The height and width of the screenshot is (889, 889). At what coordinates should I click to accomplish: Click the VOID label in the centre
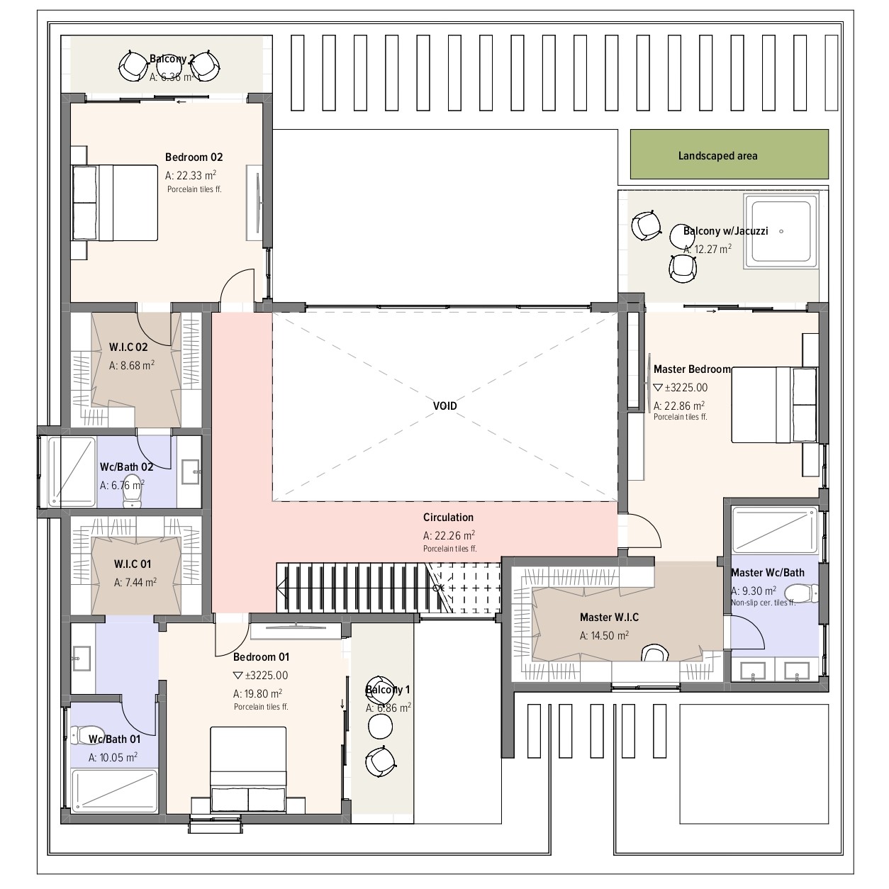pyautogui.click(x=445, y=406)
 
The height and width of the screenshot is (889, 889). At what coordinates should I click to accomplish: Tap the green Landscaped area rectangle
pyautogui.click(x=729, y=154)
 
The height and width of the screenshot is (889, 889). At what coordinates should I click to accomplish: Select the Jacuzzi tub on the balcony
pyautogui.click(x=781, y=231)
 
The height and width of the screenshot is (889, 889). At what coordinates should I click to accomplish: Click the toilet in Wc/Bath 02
pyautogui.click(x=133, y=492)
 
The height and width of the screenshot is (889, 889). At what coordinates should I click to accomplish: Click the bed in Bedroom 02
pyautogui.click(x=114, y=203)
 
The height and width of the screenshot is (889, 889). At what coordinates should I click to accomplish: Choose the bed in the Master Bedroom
pyautogui.click(x=773, y=405)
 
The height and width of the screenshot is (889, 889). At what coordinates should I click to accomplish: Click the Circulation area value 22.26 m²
pyautogui.click(x=449, y=535)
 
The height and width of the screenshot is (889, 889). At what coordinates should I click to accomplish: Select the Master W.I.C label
pyautogui.click(x=609, y=617)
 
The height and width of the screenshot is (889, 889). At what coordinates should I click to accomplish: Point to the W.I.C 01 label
pyautogui.click(x=133, y=564)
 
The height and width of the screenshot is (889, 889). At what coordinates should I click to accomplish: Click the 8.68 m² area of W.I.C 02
pyautogui.click(x=131, y=365)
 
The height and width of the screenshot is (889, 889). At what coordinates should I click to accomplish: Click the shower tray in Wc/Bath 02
pyautogui.click(x=72, y=471)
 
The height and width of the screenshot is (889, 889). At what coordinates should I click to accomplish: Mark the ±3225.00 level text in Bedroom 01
pyautogui.click(x=261, y=676)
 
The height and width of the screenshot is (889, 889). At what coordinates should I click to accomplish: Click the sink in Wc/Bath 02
pyautogui.click(x=191, y=471)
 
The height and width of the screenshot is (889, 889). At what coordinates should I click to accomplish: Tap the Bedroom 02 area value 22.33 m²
pyautogui.click(x=191, y=175)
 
